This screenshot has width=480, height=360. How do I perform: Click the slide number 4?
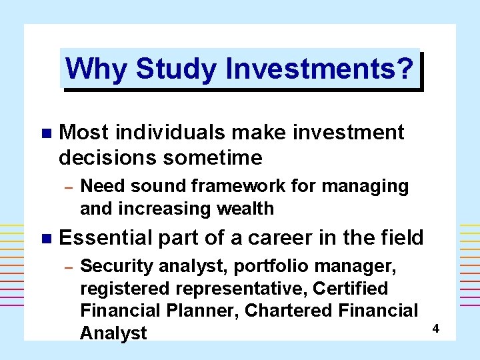(435, 329)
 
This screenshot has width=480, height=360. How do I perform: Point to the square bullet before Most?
(45, 133)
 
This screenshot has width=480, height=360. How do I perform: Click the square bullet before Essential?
(45, 237)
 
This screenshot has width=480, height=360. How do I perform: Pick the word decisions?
(105, 158)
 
